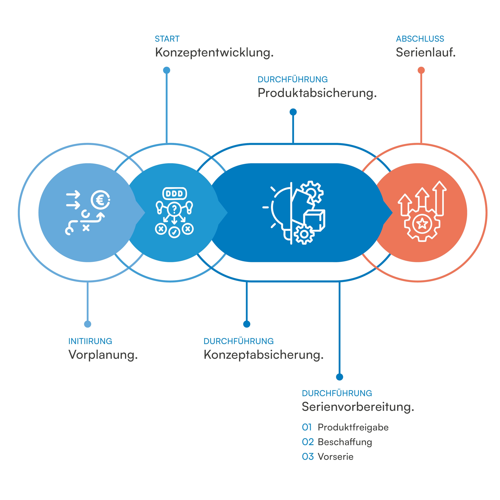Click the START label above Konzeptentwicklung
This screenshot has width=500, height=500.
167,39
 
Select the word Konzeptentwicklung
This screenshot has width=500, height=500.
214,53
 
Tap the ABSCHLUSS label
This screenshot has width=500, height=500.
420,39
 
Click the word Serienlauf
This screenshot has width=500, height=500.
425,53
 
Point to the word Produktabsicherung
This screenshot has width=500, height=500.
317,93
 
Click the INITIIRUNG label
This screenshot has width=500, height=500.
90,341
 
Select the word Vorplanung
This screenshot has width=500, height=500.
103,355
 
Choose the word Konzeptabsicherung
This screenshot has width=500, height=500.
263,355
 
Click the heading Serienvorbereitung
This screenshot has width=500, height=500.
358,407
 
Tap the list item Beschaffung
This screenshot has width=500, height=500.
345,442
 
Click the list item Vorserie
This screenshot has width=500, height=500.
335,457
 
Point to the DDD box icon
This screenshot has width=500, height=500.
174,193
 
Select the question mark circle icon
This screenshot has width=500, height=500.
174,209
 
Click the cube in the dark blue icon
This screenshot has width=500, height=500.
314,220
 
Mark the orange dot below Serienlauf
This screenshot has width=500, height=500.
421,70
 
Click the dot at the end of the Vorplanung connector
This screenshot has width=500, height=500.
88,324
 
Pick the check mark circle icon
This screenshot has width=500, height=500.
174,232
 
